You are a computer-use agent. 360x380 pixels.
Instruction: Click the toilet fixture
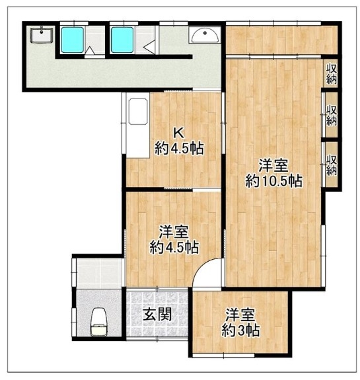coord(98,322)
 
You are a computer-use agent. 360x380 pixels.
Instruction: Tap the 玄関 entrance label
coord(157,314)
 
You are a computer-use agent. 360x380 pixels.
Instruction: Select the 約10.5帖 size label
coord(273,181)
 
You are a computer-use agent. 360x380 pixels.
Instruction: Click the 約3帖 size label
coord(240,330)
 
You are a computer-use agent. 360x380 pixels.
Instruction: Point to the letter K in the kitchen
coord(178,133)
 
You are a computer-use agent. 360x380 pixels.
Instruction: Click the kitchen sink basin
coord(138,112)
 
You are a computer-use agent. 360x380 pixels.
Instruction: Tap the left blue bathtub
coord(72,40)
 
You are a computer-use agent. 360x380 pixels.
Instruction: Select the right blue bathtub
coord(122,40)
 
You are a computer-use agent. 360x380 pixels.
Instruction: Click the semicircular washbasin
coord(205,36)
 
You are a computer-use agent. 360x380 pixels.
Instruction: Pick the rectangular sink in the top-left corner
coord(42,36)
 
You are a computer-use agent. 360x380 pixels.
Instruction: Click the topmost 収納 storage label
coord(331,74)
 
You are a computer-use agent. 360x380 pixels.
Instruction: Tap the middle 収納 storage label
coord(331,116)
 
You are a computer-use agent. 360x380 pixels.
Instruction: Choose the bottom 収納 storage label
coord(331,165)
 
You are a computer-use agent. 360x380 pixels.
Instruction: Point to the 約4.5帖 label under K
coord(179,148)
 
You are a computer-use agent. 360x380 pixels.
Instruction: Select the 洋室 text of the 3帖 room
coord(240,314)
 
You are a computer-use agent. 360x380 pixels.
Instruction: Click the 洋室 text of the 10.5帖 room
coord(273,165)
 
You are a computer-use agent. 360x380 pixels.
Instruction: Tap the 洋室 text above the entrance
coord(174,232)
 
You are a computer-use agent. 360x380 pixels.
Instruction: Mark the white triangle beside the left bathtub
coord(90,50)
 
